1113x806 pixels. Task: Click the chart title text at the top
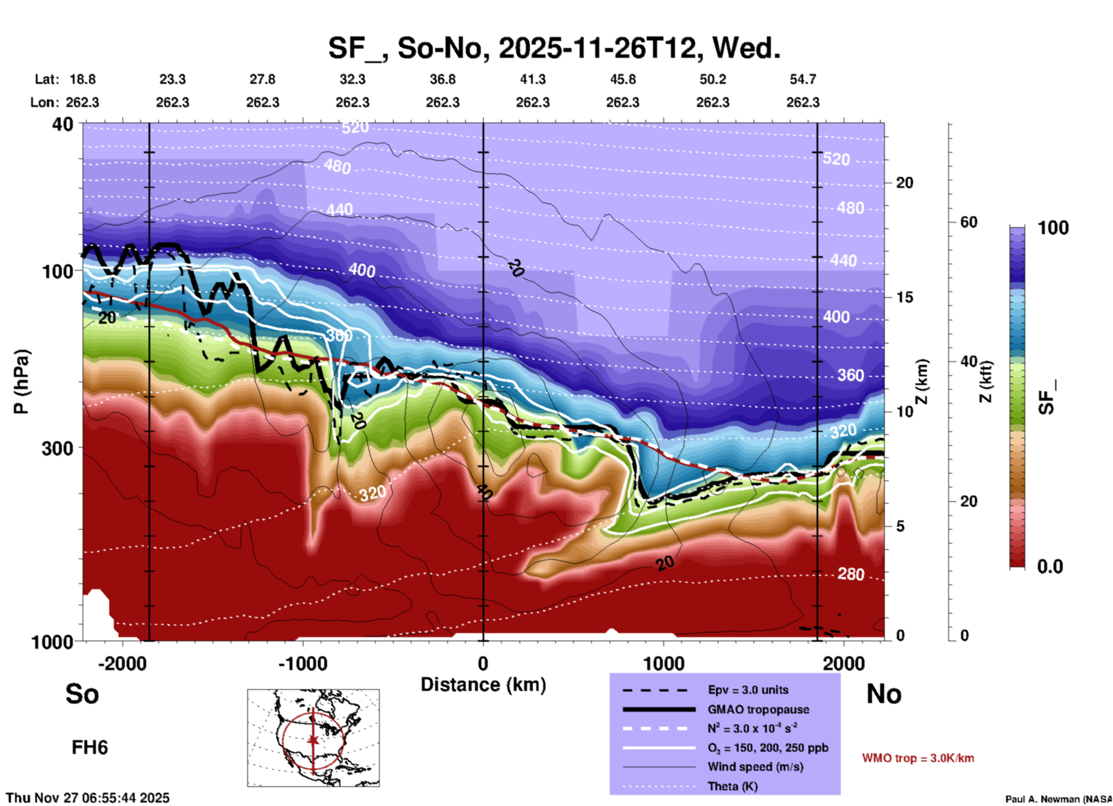tap(554, 47)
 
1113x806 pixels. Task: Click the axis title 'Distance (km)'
tap(483, 685)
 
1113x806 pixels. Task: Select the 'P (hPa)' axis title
tap(21, 382)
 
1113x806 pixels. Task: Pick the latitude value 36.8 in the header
tap(442, 79)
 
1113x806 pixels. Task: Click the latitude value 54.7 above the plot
tap(803, 79)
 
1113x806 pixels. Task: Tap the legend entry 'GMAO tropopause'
tap(758, 709)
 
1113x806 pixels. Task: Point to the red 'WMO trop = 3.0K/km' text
tap(918, 758)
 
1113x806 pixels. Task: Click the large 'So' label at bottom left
tap(82, 694)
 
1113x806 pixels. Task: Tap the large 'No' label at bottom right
tap(884, 694)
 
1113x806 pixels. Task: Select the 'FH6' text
tap(90, 748)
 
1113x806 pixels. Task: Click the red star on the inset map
tap(313, 740)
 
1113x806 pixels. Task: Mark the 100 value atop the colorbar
tap(1053, 228)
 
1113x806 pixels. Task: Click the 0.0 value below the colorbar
tap(1050, 567)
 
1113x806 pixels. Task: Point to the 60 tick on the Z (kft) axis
tap(969, 222)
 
